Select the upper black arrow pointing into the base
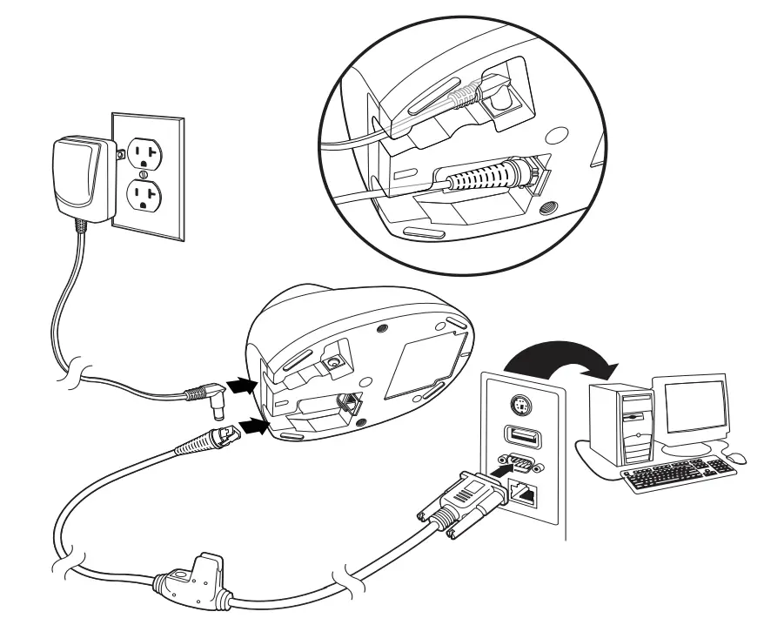click(242, 383)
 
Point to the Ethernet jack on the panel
click(522, 494)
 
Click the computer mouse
click(736, 457)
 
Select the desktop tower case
click(621, 422)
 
